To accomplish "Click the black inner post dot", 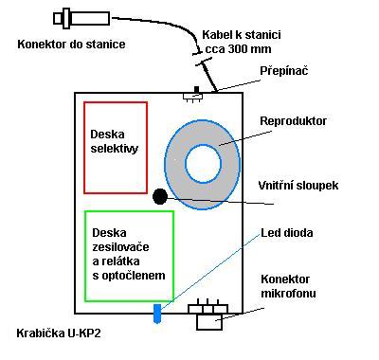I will [160, 196].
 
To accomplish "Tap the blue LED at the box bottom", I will [157, 312].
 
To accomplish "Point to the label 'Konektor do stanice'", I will [72, 43].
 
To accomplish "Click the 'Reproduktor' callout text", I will [294, 120].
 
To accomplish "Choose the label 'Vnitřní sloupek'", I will [298, 185].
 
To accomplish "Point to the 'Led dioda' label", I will [287, 232].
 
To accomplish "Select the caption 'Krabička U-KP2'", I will [58, 333].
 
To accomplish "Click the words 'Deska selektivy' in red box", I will [117, 140].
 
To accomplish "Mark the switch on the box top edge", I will [194, 95].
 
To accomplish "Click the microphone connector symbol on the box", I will [209, 314].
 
